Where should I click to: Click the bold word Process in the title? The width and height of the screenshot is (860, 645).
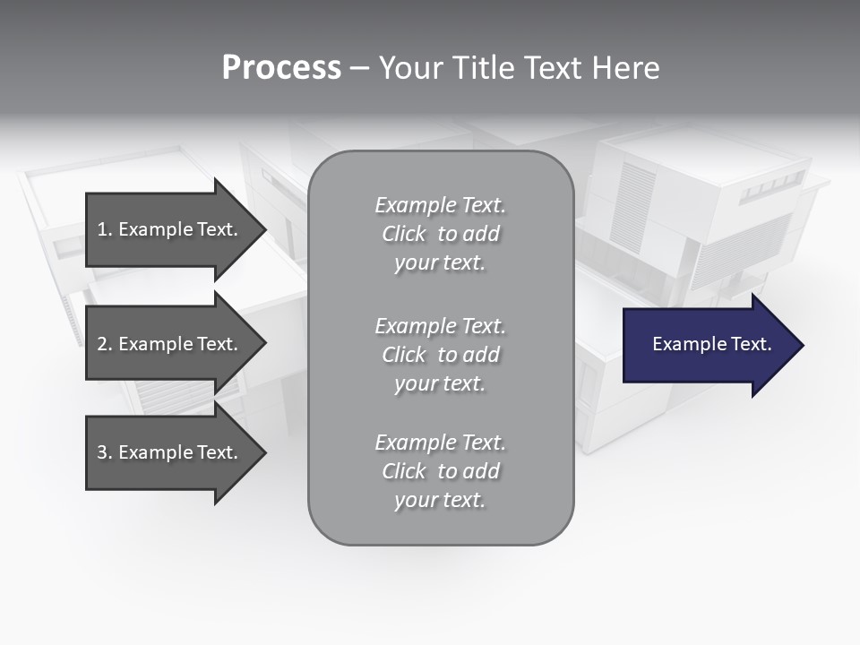281,68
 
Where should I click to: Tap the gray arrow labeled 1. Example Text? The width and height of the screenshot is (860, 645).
170,229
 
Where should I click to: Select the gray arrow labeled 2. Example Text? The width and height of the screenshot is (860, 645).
170,344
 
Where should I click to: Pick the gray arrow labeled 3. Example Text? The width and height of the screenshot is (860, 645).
170,452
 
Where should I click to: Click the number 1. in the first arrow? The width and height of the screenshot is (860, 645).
105,229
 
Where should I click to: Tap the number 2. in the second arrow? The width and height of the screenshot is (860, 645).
105,344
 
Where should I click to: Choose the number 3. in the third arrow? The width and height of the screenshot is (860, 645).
105,452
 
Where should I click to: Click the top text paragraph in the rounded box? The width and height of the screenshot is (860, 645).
440,234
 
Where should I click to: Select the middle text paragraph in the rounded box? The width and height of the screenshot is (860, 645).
440,355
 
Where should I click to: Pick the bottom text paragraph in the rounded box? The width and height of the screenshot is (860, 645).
440,471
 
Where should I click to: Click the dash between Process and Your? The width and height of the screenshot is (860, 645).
359,69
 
